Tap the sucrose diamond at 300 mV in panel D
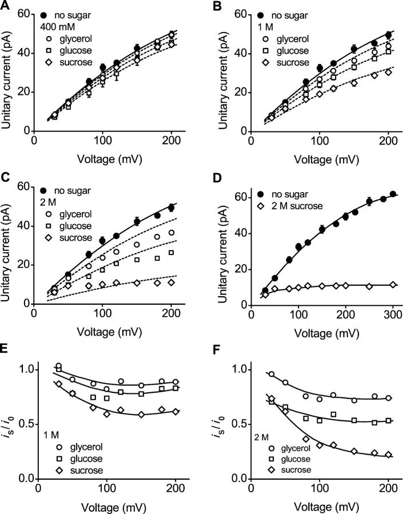point(392,285)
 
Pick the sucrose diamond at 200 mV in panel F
point(389,455)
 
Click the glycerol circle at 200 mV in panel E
point(175,381)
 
